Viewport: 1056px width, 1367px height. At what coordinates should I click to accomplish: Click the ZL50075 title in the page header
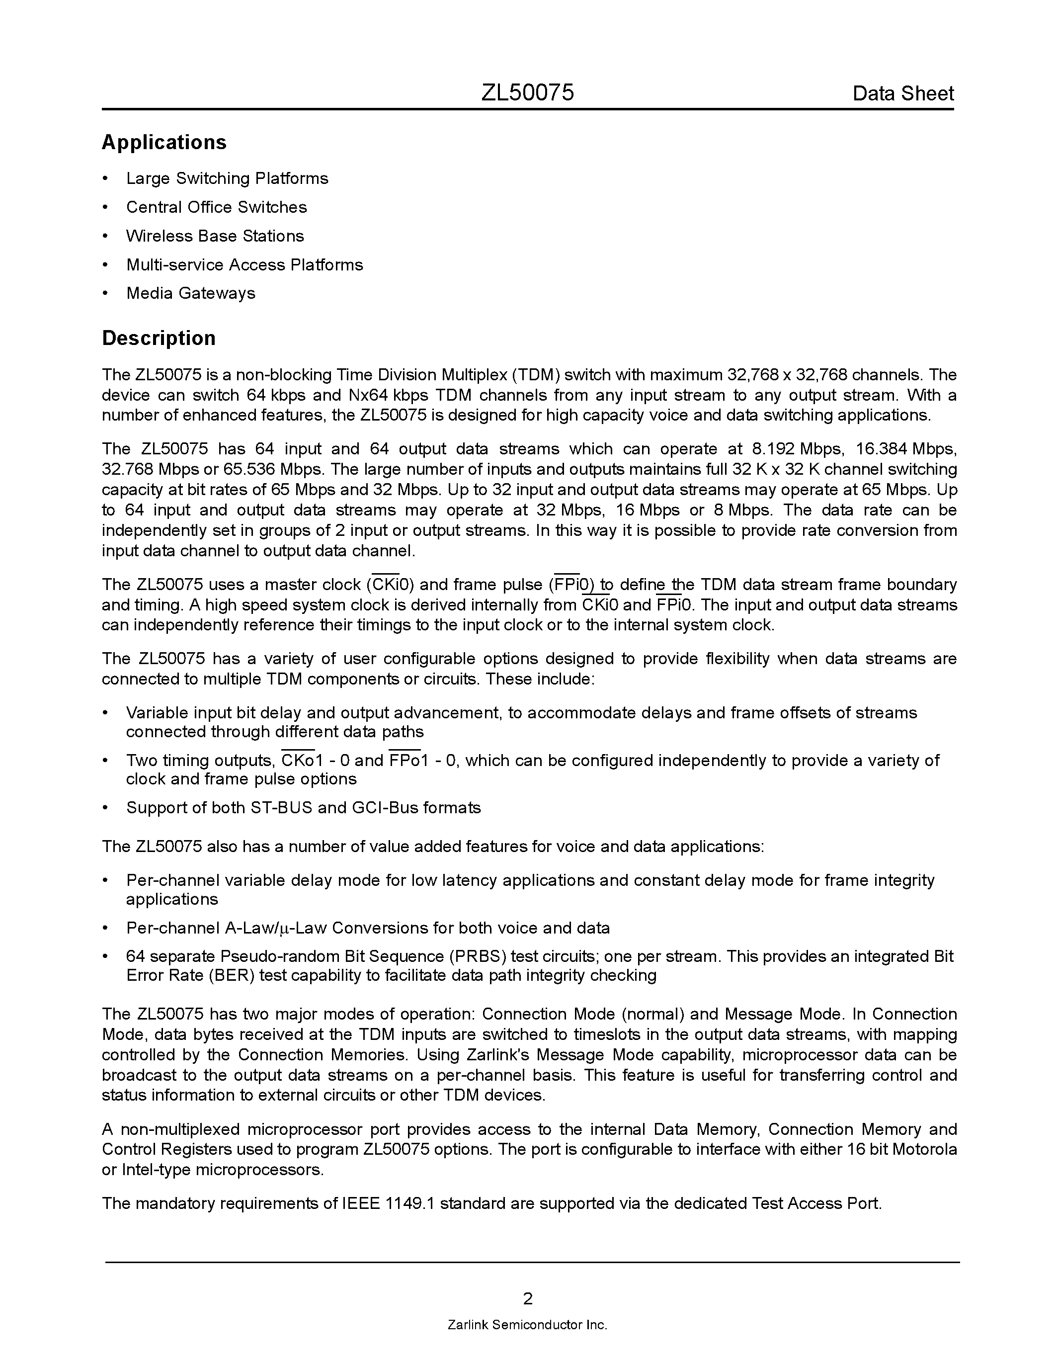point(527,93)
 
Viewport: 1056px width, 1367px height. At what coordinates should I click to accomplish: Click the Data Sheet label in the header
point(903,94)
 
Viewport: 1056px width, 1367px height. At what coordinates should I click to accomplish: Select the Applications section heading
point(164,142)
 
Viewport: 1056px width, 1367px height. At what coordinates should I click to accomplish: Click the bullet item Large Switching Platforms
point(227,178)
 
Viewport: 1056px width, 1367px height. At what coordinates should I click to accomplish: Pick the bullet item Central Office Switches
point(217,207)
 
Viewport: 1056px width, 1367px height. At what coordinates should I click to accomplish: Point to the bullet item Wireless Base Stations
point(215,236)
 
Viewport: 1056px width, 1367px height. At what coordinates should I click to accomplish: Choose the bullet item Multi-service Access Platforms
point(244,265)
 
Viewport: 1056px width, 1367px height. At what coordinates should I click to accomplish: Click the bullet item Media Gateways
point(191,294)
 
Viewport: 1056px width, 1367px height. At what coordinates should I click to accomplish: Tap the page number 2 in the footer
point(527,1299)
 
